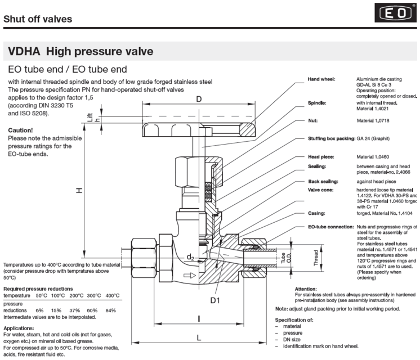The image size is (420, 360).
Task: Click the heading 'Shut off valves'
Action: coord(38,19)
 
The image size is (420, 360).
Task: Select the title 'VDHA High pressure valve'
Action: coord(80,52)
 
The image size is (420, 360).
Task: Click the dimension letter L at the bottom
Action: coord(200,337)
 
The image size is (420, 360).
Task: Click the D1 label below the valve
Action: coord(215,301)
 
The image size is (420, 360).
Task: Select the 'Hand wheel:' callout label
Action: coord(322,79)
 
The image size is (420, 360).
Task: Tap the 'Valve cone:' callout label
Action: coord(322,191)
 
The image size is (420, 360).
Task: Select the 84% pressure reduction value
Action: coord(111,310)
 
